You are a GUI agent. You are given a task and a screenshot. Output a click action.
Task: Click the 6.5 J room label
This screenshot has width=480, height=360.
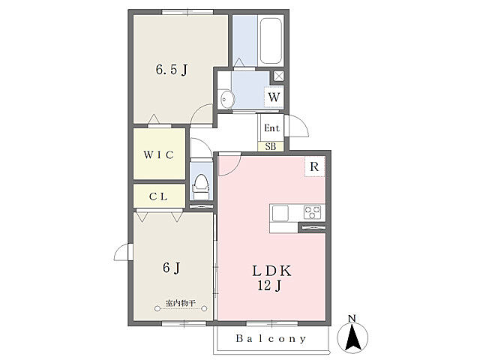172,70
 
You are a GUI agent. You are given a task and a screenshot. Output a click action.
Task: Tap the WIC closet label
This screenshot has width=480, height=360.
158,154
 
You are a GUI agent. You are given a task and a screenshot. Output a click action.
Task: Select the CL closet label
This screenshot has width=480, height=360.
158,196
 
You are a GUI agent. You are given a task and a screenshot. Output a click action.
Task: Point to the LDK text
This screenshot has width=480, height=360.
271,271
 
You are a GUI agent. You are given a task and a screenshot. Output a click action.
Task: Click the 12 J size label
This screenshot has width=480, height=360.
269,286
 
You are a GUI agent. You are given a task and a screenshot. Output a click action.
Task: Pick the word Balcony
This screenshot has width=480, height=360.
271,338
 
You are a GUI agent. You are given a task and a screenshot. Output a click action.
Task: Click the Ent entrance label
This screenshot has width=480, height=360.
271,128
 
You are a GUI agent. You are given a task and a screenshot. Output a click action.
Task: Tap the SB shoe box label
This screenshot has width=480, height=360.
270,147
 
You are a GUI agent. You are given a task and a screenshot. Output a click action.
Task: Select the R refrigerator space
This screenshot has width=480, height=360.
314,166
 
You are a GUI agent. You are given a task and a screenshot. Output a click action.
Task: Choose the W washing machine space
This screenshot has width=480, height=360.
274,97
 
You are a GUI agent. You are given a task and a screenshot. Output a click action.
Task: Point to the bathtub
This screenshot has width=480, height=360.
271,40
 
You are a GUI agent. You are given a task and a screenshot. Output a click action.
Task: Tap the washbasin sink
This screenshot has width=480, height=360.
227,99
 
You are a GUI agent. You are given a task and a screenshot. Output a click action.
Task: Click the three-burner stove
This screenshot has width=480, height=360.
312,212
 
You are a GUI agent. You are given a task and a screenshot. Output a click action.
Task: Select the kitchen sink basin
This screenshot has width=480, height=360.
280,213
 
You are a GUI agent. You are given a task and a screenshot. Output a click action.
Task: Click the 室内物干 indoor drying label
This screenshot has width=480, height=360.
180,303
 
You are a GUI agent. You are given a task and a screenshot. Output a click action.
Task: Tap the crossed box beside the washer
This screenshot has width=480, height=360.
278,76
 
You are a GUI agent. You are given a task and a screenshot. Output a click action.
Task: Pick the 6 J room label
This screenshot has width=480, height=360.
171,268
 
